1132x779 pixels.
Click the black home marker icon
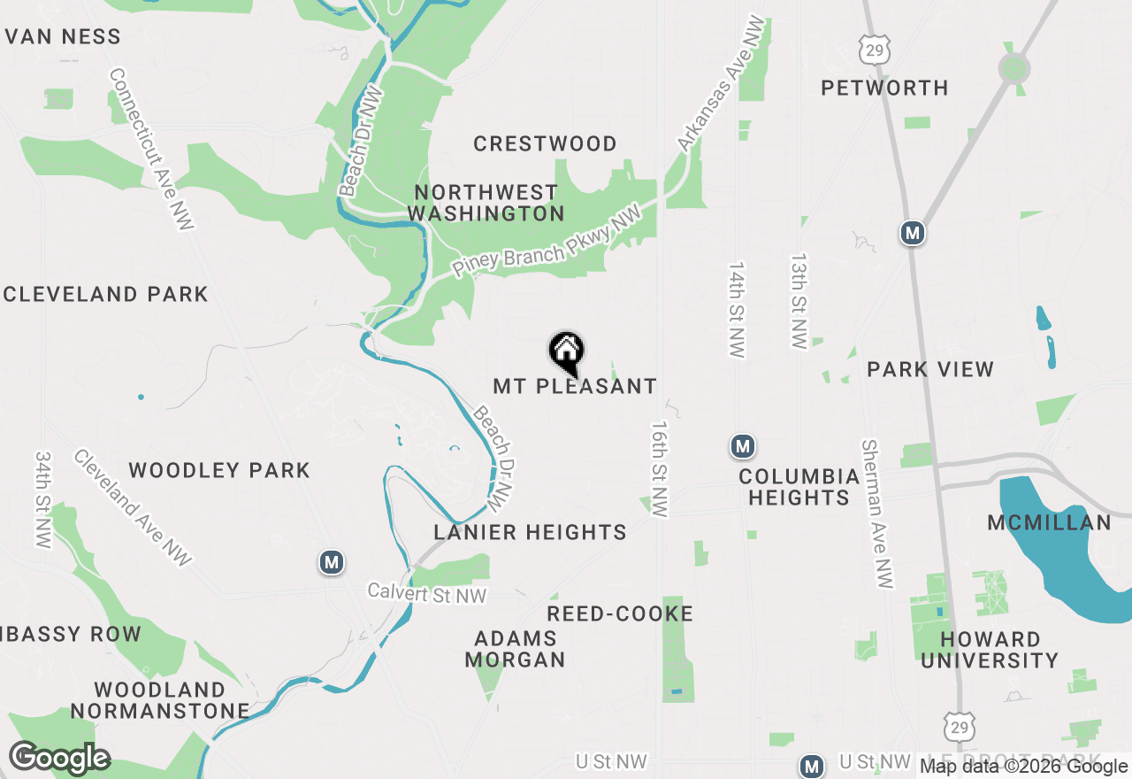pyautogui.click(x=566, y=351)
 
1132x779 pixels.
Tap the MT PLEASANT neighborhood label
pyautogui.click(x=575, y=387)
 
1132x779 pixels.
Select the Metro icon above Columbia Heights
pyautogui.click(x=743, y=446)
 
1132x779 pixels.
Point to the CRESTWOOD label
pyautogui.click(x=545, y=143)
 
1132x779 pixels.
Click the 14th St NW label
pyautogui.click(x=737, y=309)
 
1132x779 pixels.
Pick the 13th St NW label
pyautogui.click(x=799, y=302)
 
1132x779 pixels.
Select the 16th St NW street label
pyautogui.click(x=660, y=468)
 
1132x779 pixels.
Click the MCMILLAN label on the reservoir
pyautogui.click(x=1049, y=523)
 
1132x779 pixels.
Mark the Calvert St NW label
pyautogui.click(x=427, y=594)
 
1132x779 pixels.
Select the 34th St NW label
pyautogui.click(x=43, y=500)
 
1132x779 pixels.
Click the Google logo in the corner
pyautogui.click(x=60, y=758)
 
